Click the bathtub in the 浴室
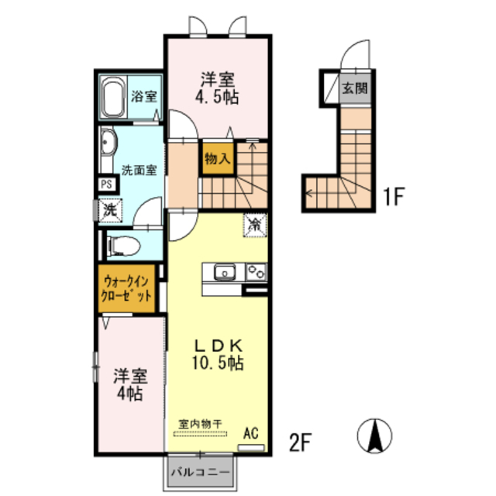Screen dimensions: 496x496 pos(114,97)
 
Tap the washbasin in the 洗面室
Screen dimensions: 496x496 pos(108,142)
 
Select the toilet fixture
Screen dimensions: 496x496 pos(124,246)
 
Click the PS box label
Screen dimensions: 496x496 pos(107,184)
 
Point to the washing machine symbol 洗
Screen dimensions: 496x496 pos(110,210)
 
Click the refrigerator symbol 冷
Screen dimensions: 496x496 pos(255,225)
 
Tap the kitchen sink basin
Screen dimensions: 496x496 pos(224,272)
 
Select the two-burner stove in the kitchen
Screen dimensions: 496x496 pos(257,272)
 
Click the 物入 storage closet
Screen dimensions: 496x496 pos(218,158)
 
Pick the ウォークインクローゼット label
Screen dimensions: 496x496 pos(126,288)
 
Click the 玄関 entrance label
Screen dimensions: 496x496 pos(355,88)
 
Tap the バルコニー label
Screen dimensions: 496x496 pos(200,472)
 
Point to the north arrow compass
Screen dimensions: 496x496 pos(374,436)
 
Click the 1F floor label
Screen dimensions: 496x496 pos(394,196)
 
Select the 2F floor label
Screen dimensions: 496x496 pos(301,443)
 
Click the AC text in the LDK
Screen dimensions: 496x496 pos(250,433)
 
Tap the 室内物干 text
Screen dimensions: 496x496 pos(200,424)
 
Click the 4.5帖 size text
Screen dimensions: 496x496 pos(217,97)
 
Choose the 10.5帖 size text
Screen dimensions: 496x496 pos(218,363)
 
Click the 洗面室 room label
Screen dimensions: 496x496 pos(139,170)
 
